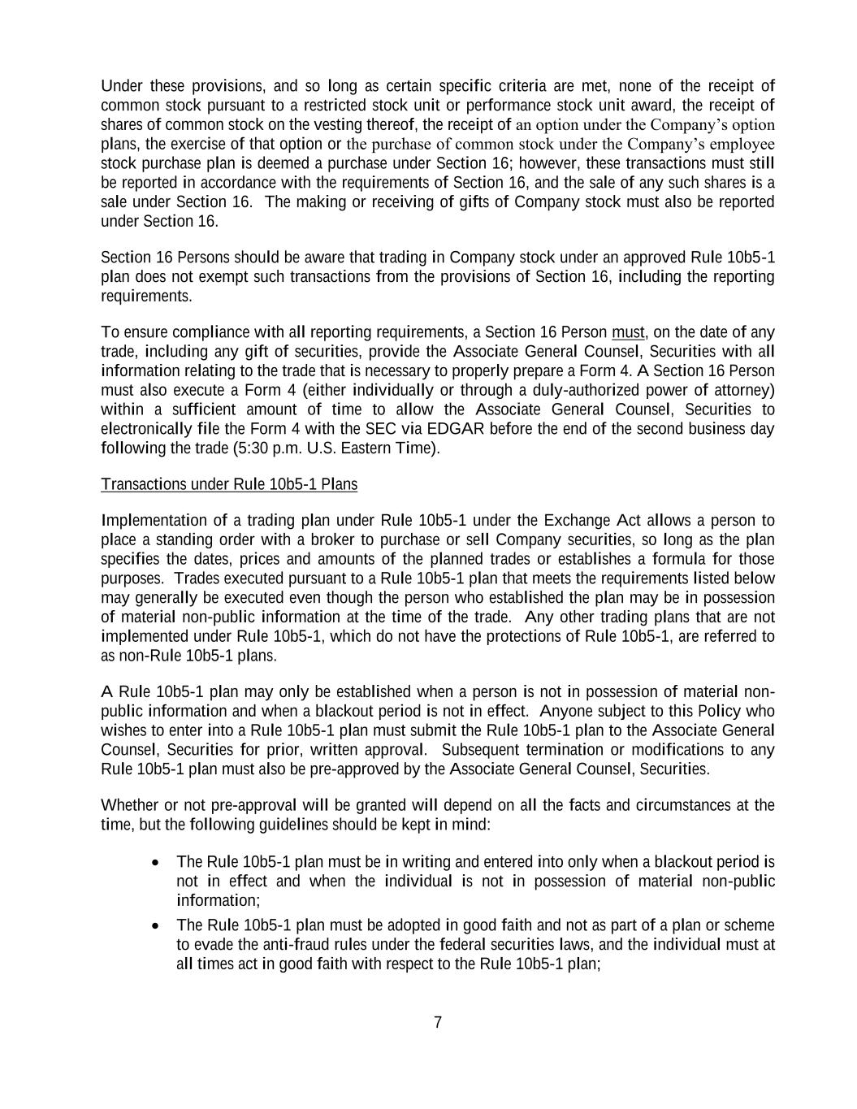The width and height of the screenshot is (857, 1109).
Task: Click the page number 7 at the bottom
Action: [438, 1022]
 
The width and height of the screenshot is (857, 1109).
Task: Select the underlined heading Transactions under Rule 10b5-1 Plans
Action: [228, 484]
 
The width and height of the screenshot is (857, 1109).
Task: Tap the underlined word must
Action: [627, 332]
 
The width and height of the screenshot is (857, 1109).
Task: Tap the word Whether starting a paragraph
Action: [129, 806]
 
